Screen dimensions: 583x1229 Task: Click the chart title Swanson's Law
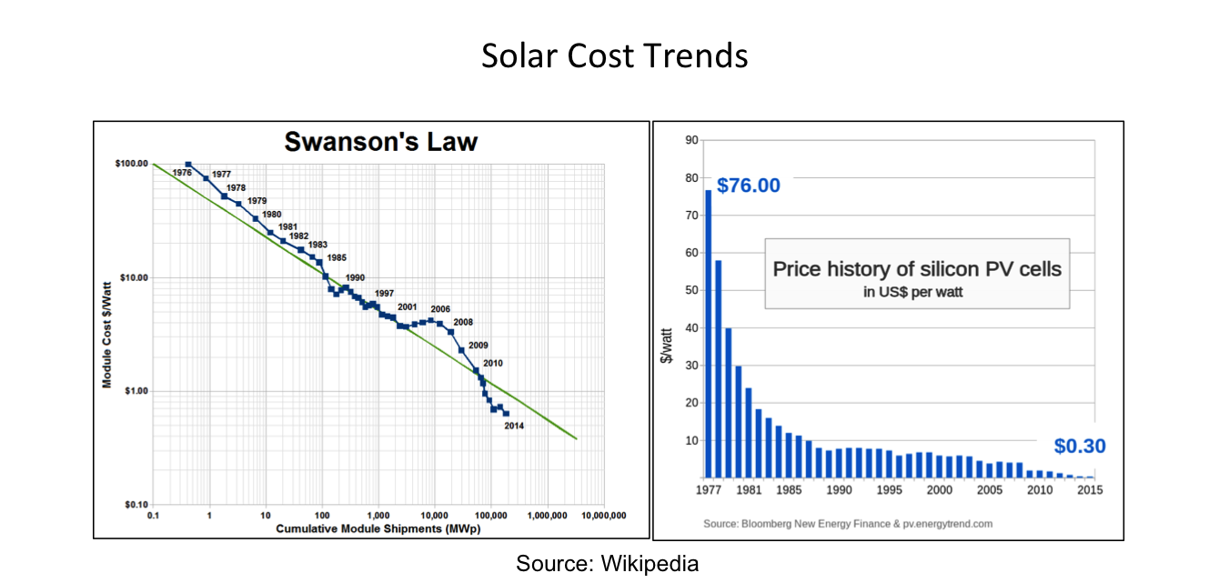tap(380, 142)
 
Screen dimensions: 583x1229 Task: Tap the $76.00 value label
tap(749, 186)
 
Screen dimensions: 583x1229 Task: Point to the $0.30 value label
tap(1080, 446)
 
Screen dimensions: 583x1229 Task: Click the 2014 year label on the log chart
tap(514, 426)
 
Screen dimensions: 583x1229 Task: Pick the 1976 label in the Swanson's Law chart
tap(182, 172)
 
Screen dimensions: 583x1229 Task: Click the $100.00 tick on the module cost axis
tap(131, 164)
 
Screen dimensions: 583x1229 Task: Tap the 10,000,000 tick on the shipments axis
tap(603, 516)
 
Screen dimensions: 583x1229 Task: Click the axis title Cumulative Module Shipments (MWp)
tap(378, 528)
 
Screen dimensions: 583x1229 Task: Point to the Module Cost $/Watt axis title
tap(106, 335)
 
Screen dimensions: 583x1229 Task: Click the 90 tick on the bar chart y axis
tap(690, 140)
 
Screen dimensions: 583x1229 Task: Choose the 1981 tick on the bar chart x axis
tap(748, 489)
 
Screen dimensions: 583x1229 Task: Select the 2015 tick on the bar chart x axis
tap(1090, 489)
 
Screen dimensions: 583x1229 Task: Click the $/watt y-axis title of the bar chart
tap(667, 346)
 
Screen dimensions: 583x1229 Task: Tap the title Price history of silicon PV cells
tap(917, 269)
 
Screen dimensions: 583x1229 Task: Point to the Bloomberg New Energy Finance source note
tap(848, 524)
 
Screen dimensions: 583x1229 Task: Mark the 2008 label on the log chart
tap(463, 322)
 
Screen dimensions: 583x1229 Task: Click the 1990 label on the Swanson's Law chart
tap(356, 277)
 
